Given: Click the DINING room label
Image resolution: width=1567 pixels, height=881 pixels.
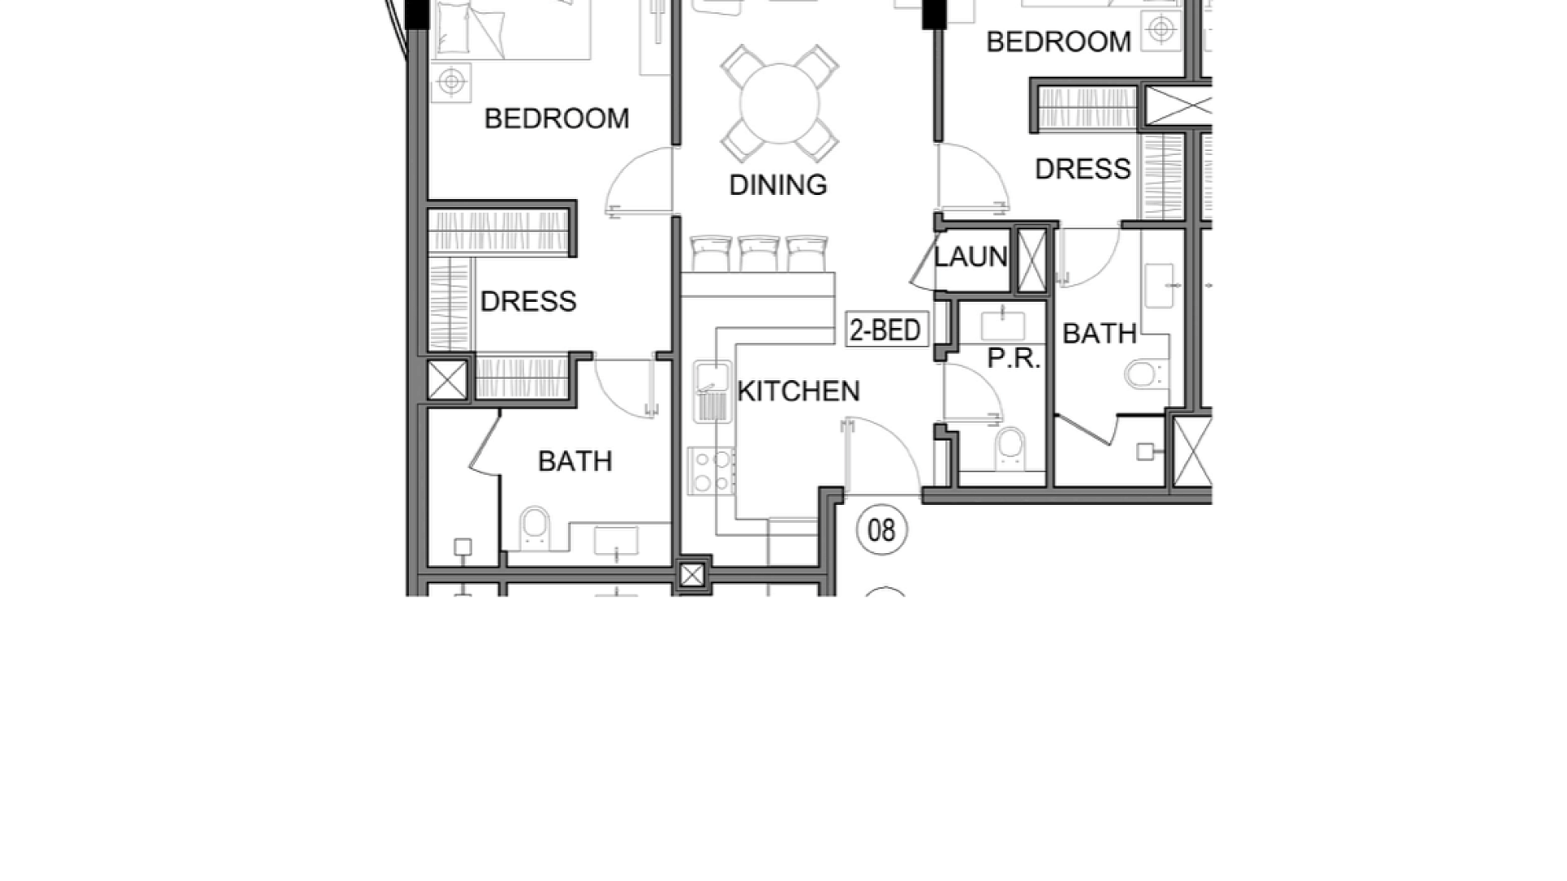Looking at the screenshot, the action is click(778, 185).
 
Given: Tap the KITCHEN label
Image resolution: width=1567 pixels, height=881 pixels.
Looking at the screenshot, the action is click(798, 392).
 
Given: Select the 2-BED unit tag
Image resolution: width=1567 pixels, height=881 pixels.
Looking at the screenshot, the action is click(886, 330).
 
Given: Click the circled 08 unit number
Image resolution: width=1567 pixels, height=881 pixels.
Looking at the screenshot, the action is click(881, 530).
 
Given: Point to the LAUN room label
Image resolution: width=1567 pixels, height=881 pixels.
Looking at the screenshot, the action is click(970, 257).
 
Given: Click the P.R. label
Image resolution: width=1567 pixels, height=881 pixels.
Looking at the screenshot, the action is click(1014, 358).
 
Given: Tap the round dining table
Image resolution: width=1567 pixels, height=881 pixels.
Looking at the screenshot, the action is click(779, 104).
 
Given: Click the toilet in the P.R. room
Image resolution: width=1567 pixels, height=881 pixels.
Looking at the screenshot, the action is click(1010, 448).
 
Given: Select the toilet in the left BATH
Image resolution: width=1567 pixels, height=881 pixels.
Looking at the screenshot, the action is click(535, 528).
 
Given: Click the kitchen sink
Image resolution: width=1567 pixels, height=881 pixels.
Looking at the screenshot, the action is click(712, 392).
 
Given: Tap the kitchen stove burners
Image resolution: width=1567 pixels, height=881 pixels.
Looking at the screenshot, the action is click(711, 471).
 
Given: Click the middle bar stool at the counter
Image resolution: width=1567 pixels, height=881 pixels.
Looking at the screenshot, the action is click(759, 254).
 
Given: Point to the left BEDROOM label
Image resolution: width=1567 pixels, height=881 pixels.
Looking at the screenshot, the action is click(557, 119).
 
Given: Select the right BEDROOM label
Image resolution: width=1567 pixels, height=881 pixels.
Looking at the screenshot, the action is click(1059, 42).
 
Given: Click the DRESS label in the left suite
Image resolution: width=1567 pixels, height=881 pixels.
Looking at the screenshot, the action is click(528, 302).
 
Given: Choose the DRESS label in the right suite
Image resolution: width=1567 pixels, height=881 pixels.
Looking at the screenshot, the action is click(1082, 170).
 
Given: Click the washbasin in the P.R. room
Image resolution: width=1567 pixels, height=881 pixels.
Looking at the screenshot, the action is click(1003, 325).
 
